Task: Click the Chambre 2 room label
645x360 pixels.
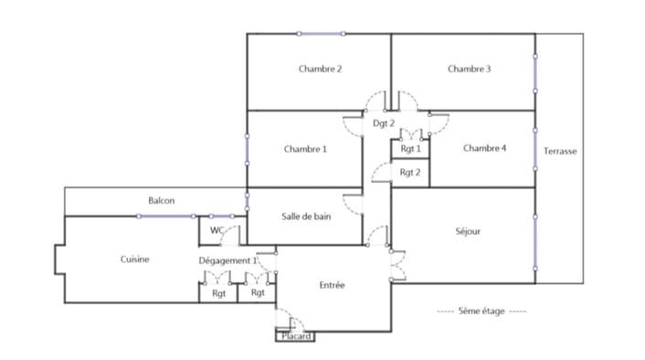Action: click(320, 69)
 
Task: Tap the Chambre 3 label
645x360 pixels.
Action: click(469, 69)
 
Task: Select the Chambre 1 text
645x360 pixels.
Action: click(305, 149)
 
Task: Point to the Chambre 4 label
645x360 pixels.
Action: click(484, 148)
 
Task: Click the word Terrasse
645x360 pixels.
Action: click(560, 151)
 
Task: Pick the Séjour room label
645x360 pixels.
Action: click(468, 231)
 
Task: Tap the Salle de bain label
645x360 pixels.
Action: click(306, 217)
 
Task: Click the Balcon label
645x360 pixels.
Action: click(161, 200)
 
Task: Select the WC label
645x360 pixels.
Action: click(217, 230)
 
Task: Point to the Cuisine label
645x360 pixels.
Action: click(135, 259)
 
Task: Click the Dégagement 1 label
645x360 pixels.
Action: click(227, 260)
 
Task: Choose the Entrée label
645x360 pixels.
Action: click(332, 285)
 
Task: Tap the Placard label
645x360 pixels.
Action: click(296, 336)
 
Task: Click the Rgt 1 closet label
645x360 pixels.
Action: click(410, 149)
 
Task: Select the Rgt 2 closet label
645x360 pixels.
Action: click(410, 173)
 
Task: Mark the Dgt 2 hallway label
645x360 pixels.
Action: click(384, 123)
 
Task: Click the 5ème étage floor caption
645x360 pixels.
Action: click(481, 311)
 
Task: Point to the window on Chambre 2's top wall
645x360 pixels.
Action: click(321, 34)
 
